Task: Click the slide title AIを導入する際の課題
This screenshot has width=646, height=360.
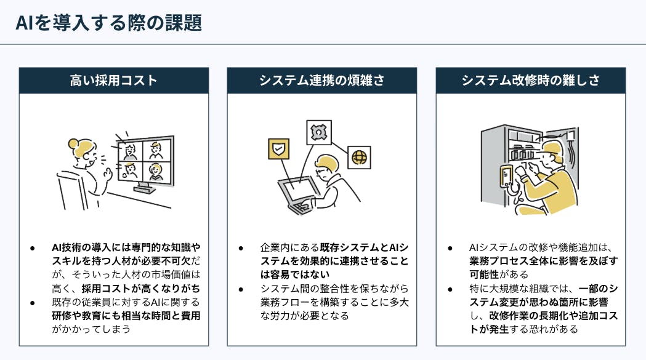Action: [109, 23]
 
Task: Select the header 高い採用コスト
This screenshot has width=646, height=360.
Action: [114, 81]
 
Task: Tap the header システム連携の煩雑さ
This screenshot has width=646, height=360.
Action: [321, 81]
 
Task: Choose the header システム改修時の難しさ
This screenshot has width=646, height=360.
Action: [531, 81]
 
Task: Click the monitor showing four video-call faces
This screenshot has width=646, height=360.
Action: [145, 162]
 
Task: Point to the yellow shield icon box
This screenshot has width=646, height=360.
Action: [278, 149]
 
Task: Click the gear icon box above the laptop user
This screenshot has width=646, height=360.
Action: [319, 132]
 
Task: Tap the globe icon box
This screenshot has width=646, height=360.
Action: [359, 158]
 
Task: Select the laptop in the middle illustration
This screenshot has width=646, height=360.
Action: [298, 194]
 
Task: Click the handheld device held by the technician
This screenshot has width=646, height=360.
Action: [506, 176]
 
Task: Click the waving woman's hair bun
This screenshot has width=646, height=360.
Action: [73, 144]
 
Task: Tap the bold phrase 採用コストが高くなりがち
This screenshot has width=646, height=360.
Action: [141, 289]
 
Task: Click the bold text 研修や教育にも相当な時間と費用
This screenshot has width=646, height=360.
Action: [126, 316]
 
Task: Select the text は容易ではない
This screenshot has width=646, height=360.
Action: [295, 274]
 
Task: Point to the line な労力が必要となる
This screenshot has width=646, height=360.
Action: [305, 316]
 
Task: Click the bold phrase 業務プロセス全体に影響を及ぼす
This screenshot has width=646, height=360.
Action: [544, 261]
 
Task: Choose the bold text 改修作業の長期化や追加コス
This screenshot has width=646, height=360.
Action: [554, 316]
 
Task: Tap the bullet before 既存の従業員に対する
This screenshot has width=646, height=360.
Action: [33, 303]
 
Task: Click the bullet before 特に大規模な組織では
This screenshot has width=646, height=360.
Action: [450, 289]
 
